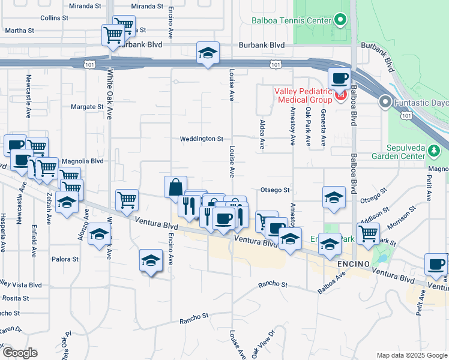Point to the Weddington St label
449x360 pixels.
tap(202, 139)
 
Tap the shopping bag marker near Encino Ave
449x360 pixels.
tap(175, 187)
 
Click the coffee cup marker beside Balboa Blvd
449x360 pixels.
tap(339, 78)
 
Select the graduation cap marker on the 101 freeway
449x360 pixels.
tap(208, 53)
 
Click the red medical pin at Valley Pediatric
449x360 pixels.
tap(341, 95)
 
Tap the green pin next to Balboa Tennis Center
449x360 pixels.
tap(340, 20)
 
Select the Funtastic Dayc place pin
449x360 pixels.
tap(385, 103)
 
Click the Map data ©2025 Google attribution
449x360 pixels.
tap(412, 355)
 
